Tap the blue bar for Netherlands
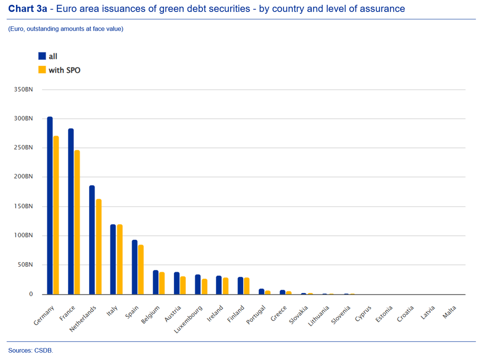pyautogui.click(x=92, y=240)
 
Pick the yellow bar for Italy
pyautogui.click(x=120, y=259)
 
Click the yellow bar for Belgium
pyautogui.click(x=162, y=283)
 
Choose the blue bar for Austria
pyautogui.click(x=177, y=283)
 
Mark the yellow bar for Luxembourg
pyautogui.click(x=204, y=287)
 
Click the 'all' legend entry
pyautogui.click(x=48, y=57)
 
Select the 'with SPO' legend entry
pyautogui.click(x=59, y=70)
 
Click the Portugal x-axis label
pyautogui.click(x=256, y=315)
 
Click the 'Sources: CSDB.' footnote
pyautogui.click(x=31, y=351)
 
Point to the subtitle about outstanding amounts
pyautogui.click(x=66, y=29)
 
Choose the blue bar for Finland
pyautogui.click(x=240, y=285)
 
